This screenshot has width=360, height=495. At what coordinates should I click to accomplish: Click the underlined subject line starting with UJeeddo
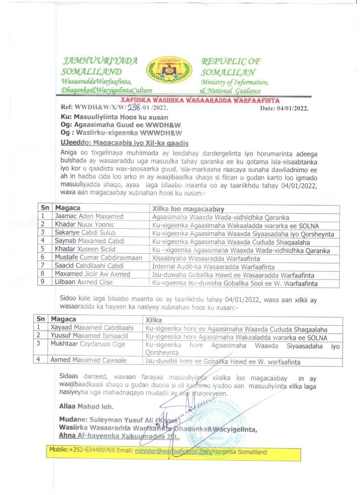tap(124, 143)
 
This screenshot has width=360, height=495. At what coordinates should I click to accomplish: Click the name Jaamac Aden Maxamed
tap(82, 216)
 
